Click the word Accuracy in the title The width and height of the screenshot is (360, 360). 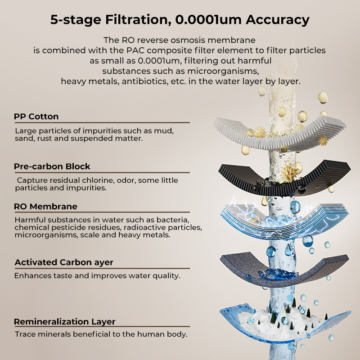click(x=277, y=20)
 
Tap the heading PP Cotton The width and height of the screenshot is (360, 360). click(x=36, y=117)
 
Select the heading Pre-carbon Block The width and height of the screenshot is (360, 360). click(x=52, y=166)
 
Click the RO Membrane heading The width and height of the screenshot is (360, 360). click(x=46, y=207)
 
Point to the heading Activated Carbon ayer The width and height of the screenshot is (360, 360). click(x=64, y=262)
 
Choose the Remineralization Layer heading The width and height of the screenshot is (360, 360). click(x=64, y=322)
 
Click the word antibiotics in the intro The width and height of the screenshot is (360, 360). click(x=145, y=81)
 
